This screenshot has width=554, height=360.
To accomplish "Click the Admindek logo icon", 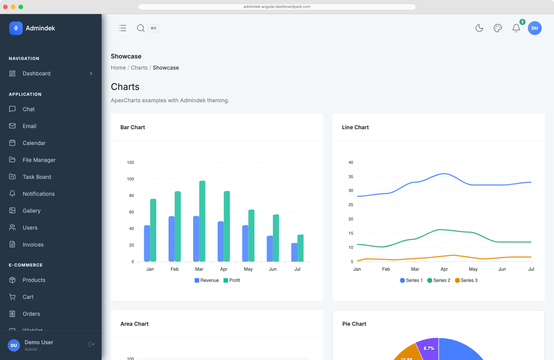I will click(16, 28).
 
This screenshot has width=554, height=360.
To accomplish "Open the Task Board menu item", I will click(37, 177).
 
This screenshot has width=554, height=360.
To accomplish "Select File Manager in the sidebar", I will click(39, 160).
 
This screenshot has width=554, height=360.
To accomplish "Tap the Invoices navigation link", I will click(33, 245).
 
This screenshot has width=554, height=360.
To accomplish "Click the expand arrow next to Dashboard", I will click(91, 73).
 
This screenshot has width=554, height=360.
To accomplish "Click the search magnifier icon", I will click(141, 28).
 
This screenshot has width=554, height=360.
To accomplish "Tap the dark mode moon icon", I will click(479, 28).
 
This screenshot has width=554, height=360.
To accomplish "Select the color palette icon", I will click(498, 28).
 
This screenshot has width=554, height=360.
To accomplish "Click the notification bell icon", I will click(516, 28).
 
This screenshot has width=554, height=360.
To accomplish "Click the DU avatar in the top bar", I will click(535, 28).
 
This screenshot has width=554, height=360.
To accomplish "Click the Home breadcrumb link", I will click(118, 68).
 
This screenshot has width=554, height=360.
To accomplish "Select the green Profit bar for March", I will click(202, 221).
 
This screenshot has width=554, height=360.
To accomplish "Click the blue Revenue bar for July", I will click(294, 252).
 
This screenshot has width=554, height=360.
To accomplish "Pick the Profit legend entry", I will click(232, 280).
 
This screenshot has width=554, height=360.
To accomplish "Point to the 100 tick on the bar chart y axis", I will click(130, 179).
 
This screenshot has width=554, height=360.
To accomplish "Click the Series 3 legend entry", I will click(466, 280).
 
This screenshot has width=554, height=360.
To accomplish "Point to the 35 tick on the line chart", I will click(350, 177).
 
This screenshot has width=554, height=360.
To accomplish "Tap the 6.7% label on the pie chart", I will click(429, 348).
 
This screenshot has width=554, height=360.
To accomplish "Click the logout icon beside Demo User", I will click(92, 344).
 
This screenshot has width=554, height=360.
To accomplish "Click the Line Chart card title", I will click(355, 127).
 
